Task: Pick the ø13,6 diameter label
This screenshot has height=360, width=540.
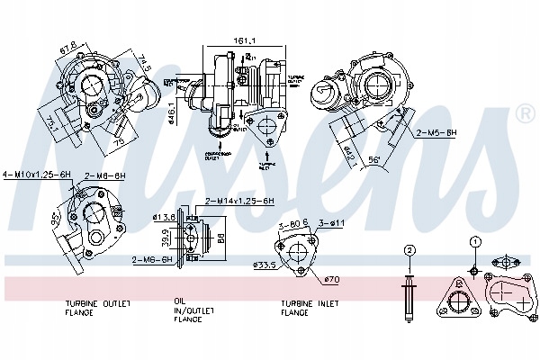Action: [x=163, y=217]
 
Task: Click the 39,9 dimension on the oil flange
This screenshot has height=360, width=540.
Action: [x=166, y=241]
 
